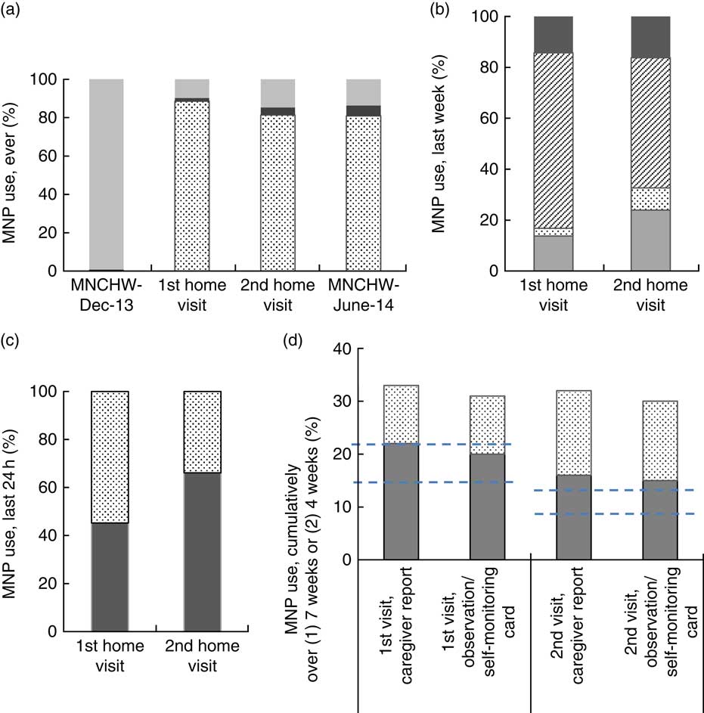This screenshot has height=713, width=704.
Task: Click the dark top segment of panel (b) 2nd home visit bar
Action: point(650,37)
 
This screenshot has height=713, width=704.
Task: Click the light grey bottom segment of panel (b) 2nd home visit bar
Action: point(650,240)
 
